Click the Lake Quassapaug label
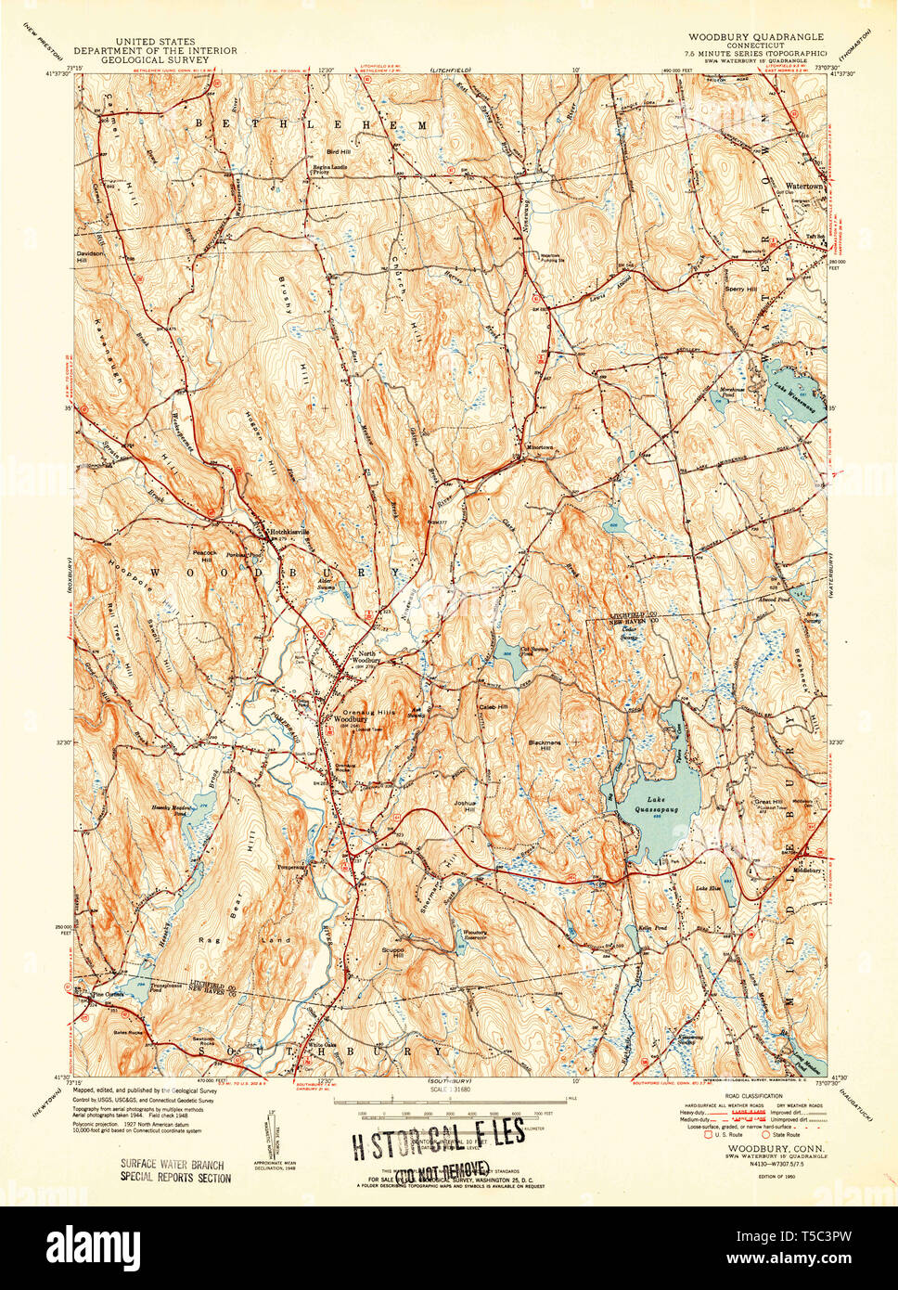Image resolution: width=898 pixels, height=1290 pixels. click(x=655, y=805)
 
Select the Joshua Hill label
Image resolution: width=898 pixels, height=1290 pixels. click(x=465, y=806)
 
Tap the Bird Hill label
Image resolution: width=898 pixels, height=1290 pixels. click(x=338, y=151)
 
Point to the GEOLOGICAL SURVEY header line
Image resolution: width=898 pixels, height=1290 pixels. click(x=155, y=60)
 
